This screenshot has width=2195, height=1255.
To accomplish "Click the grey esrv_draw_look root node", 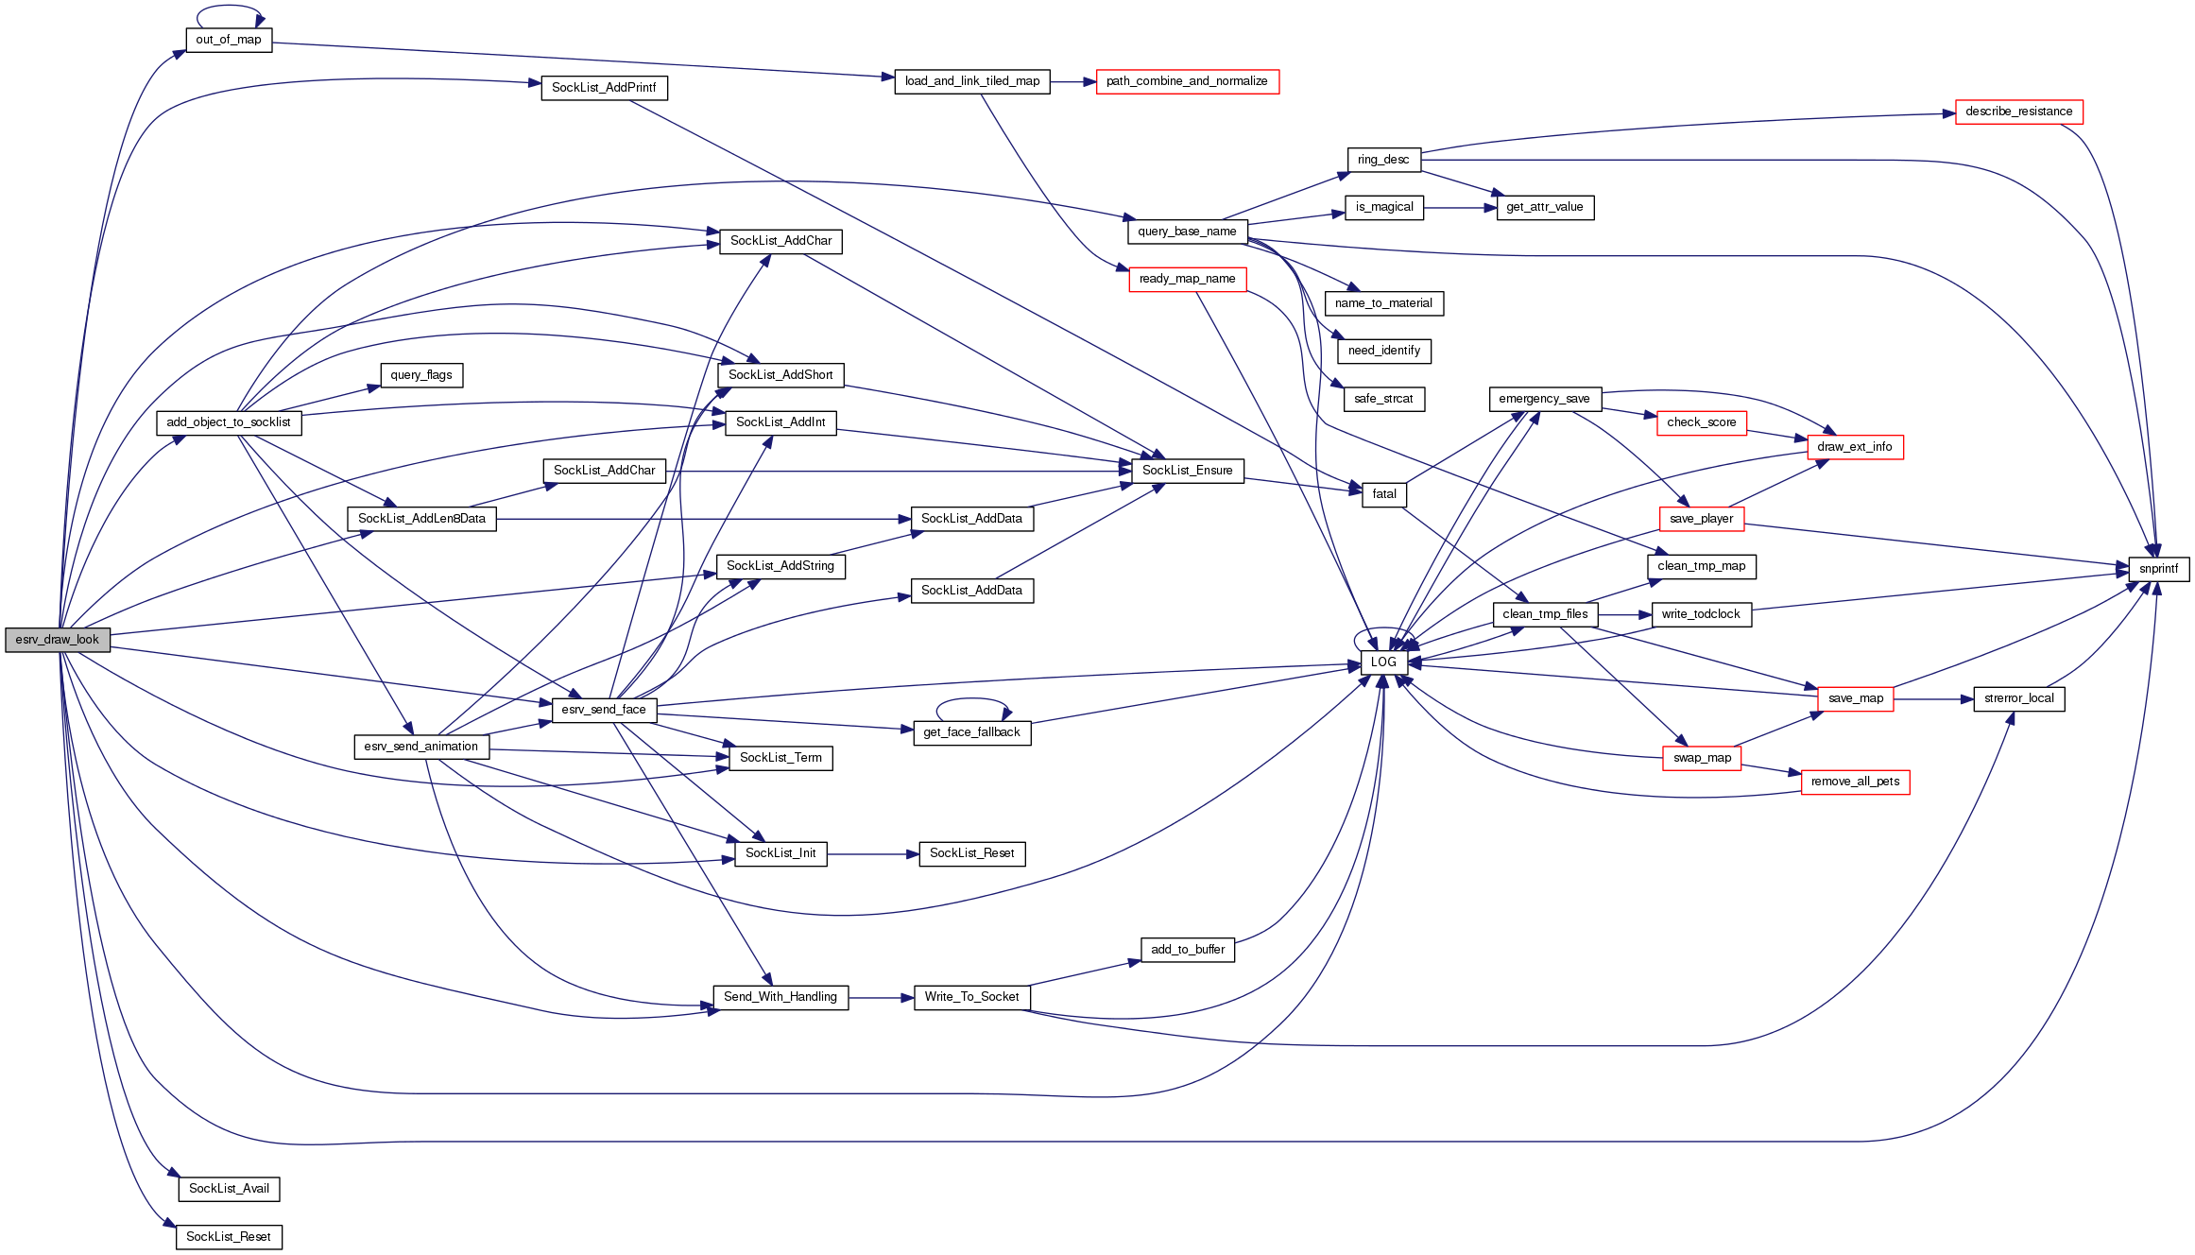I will tap(58, 640).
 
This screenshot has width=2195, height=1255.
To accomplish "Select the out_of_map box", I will tap(229, 40).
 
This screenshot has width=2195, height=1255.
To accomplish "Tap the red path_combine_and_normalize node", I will tap(1187, 81).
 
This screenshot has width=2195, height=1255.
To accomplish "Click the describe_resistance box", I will tap(2018, 112).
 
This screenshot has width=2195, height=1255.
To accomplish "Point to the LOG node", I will tap(1383, 662).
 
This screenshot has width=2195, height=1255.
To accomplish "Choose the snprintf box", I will tap(2158, 569).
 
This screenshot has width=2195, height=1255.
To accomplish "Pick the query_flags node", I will tap(421, 375).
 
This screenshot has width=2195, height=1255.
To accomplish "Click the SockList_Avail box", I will tap(229, 1189).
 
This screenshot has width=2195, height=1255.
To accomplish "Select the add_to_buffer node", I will tap(1188, 950).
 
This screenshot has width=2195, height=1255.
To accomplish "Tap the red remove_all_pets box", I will tap(1855, 782).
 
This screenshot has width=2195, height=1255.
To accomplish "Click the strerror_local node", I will tap(2018, 698).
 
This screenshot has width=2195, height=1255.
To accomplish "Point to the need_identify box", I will tap(1384, 351).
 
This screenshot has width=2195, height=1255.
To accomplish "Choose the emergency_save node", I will tap(1544, 399).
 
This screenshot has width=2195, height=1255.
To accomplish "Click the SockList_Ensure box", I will tap(1187, 471).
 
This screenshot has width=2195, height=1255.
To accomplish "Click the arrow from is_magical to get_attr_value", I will tap(1460, 208).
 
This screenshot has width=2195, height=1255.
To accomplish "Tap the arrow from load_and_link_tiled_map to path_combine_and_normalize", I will tap(1072, 82).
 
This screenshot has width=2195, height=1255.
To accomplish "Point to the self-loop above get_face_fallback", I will tap(972, 700).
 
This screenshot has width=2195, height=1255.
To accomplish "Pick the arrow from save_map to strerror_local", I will tap(1932, 699).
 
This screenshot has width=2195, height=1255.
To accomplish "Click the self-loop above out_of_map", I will tap(229, 9).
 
